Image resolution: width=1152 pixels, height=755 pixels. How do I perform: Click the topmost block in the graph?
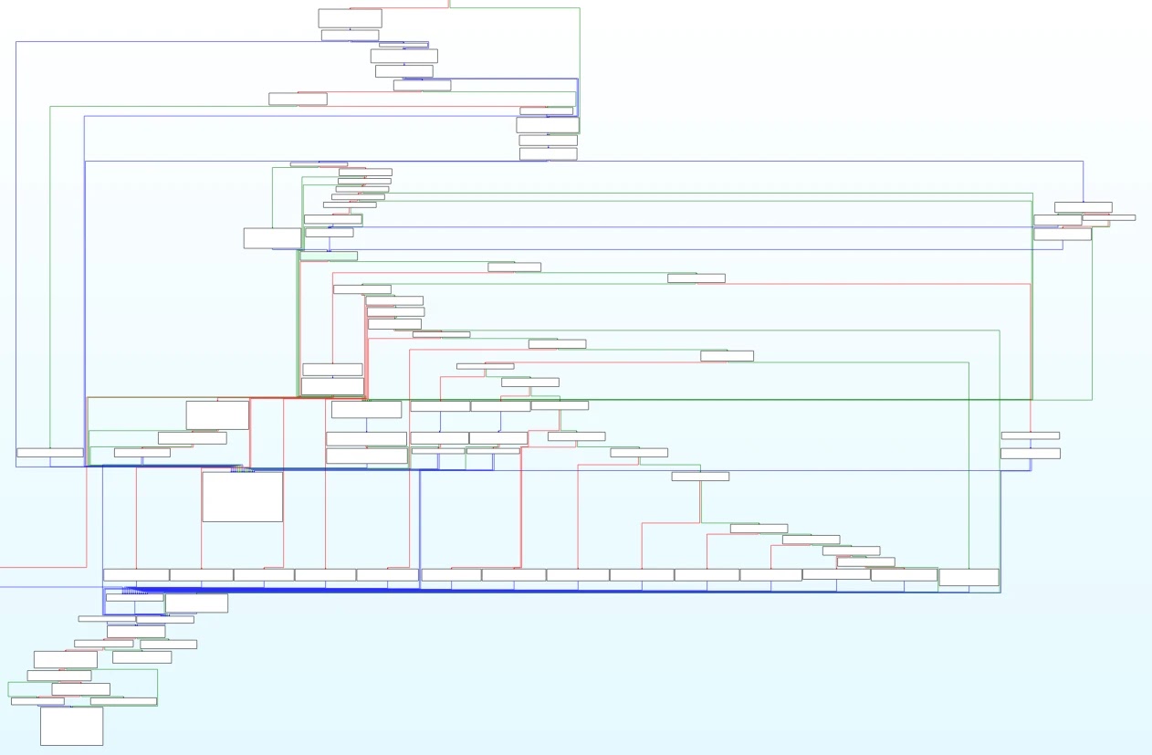coord(350,18)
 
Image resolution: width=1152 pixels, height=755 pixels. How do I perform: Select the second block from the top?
coord(350,35)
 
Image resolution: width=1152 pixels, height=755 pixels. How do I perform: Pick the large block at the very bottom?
coord(71,726)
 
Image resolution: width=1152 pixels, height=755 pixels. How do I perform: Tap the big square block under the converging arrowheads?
coord(242,497)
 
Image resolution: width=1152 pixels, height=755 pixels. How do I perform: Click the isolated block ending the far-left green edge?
coord(49,452)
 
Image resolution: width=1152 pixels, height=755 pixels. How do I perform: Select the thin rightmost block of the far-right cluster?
coord(1109,217)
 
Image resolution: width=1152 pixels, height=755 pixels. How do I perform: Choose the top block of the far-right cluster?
coord(1083,207)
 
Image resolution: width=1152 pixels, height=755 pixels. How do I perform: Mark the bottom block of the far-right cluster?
coord(1063,234)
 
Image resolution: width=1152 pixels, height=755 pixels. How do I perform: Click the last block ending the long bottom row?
coord(969,577)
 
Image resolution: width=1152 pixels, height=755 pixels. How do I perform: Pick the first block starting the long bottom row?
coord(136,574)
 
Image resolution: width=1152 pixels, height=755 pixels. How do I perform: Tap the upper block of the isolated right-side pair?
coord(1030,435)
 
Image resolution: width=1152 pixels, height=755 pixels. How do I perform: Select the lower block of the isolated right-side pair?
coord(1030,453)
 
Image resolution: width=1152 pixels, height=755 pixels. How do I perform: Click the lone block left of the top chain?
coord(298,99)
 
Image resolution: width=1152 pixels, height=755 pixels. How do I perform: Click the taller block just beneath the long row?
coord(196,603)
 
